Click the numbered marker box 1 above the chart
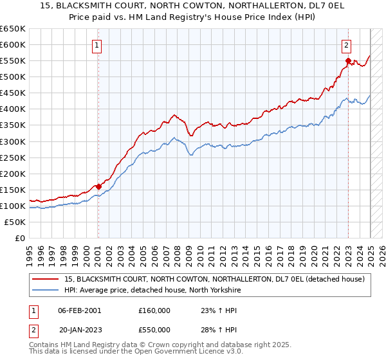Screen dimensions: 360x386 coord(96,45)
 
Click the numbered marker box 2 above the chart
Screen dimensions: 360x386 coord(346,45)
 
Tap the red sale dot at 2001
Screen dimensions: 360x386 coord(98,186)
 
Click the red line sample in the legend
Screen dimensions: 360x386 coord(45,279)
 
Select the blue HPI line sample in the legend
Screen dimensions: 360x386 coord(45,291)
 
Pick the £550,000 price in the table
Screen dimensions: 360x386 coord(154,329)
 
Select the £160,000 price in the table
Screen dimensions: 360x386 coord(154,310)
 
